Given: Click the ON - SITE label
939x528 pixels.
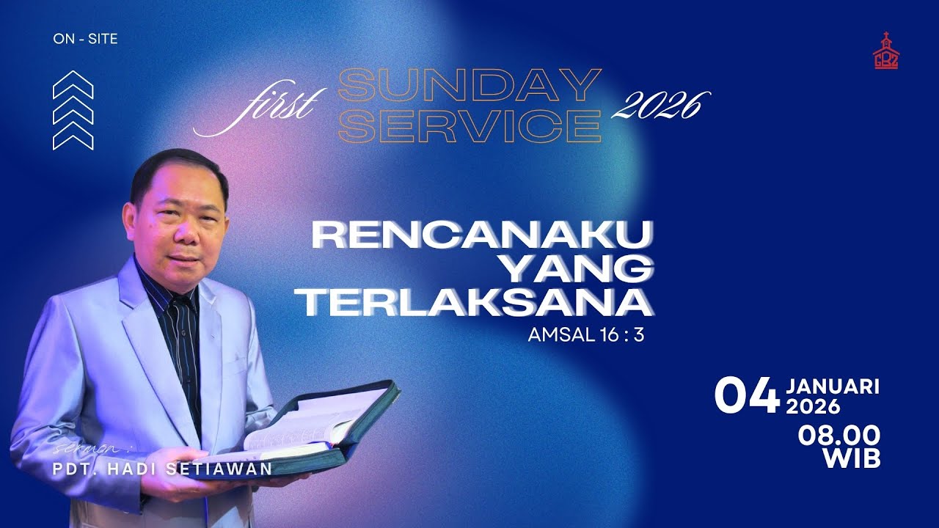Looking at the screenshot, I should pyautogui.click(x=85, y=39).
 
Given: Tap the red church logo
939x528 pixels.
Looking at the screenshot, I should pyautogui.click(x=885, y=51).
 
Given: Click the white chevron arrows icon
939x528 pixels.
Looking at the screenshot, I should pyautogui.click(x=73, y=110).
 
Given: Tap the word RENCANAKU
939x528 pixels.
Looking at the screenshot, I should pyautogui.click(x=482, y=236).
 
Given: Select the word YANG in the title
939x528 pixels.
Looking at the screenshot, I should pyautogui.click(x=580, y=270).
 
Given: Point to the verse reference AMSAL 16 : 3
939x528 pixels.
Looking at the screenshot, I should pyautogui.click(x=585, y=337).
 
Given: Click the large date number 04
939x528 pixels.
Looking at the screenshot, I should pyautogui.click(x=747, y=397).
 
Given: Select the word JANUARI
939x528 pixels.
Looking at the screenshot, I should pyautogui.click(x=833, y=386).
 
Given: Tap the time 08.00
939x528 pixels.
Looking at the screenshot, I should pyautogui.click(x=839, y=436).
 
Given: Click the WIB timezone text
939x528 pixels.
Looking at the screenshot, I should pyautogui.click(x=852, y=459).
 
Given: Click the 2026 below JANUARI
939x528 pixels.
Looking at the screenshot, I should pyautogui.click(x=814, y=406).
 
